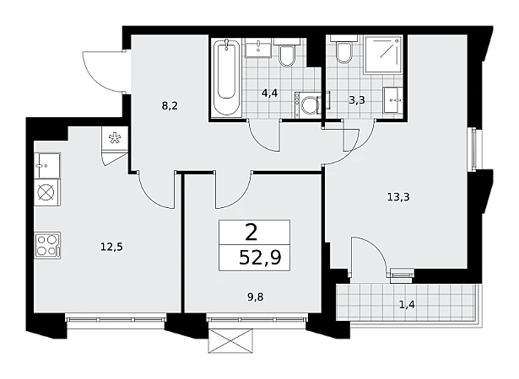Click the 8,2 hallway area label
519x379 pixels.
(x=170, y=106)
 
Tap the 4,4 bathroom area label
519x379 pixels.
(x=269, y=93)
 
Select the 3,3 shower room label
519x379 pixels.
(x=357, y=99)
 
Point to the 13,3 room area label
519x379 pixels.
(x=398, y=197)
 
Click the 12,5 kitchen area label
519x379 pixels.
(x=111, y=247)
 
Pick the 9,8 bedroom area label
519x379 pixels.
(x=256, y=297)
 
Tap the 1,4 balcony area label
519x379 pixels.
(x=407, y=304)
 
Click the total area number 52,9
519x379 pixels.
(x=260, y=258)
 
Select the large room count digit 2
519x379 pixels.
(x=251, y=232)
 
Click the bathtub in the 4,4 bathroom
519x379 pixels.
(x=227, y=77)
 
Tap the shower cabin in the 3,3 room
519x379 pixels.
(x=384, y=55)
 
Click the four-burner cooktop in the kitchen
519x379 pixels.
(x=47, y=245)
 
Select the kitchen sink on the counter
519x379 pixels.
(x=47, y=165)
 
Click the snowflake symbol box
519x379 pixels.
(x=115, y=138)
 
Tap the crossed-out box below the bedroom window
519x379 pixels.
(x=230, y=340)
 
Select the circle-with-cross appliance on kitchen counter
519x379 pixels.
(x=47, y=192)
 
